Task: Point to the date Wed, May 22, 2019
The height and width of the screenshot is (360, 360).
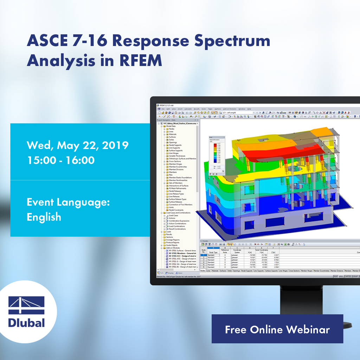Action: [78, 145]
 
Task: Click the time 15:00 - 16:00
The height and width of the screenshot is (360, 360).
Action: [60, 160]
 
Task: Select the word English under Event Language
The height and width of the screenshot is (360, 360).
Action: [44, 217]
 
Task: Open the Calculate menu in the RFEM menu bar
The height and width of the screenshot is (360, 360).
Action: [188, 109]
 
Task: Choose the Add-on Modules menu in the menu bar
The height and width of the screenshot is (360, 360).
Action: [230, 109]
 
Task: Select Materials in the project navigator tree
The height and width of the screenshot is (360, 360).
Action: [173, 134]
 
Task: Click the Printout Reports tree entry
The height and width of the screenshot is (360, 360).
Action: [173, 243]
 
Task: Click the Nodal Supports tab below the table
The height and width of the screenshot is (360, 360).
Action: [248, 271]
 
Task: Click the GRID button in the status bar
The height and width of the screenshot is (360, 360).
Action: [341, 276]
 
